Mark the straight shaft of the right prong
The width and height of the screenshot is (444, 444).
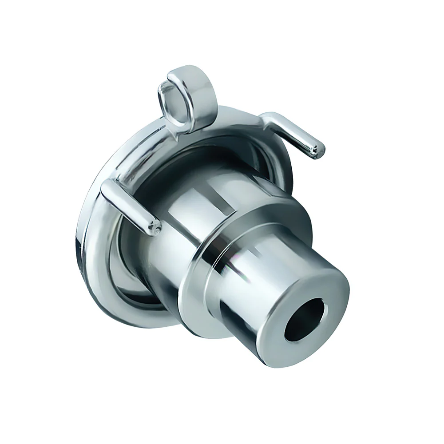click(295, 133)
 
